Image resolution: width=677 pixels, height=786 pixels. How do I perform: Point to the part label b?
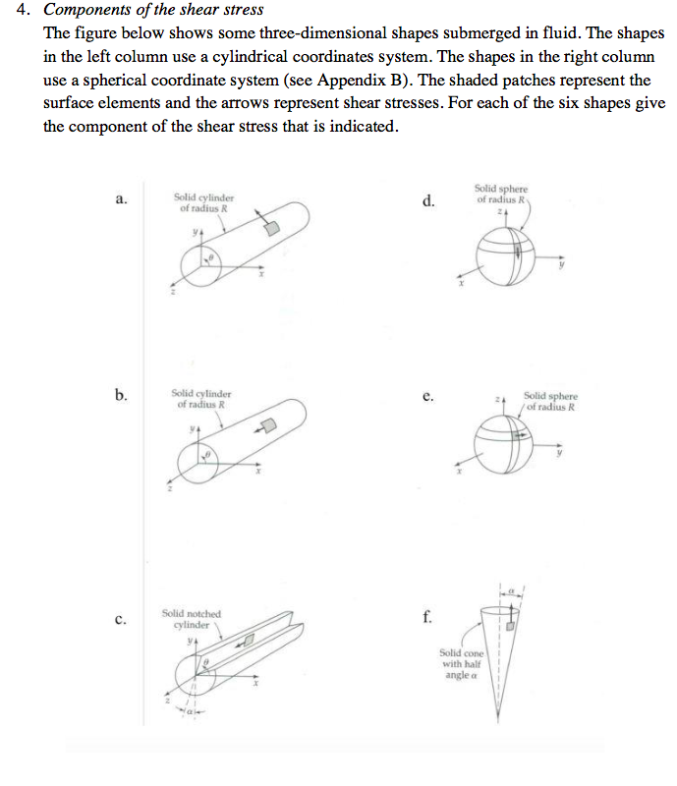pyautogui.click(x=120, y=395)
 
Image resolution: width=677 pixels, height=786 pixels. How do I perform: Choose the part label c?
pyautogui.click(x=120, y=619)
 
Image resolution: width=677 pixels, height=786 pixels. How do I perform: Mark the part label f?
pyautogui.click(x=426, y=617)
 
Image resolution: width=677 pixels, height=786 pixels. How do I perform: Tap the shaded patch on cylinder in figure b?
pyautogui.click(x=265, y=424)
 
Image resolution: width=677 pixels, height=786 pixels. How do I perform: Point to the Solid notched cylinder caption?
pyautogui.click(x=191, y=618)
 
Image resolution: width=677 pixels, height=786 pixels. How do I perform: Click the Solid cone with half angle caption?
pyautogui.click(x=460, y=664)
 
